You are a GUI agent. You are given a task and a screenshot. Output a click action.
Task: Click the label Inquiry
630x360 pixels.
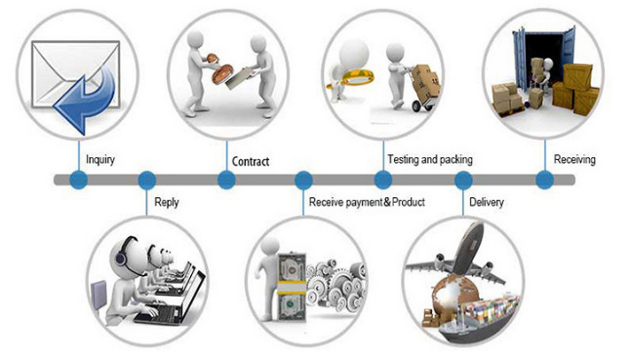[x=100, y=159]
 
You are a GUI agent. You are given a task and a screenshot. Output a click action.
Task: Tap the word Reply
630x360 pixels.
[x=167, y=202]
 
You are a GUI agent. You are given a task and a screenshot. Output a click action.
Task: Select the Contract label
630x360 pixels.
[x=251, y=162]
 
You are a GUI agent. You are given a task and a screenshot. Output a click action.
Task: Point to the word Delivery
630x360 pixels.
[x=487, y=202]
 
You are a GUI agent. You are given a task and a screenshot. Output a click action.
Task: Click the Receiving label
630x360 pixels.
[x=574, y=159]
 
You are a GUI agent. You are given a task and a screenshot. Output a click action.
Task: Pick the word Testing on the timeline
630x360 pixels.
[x=403, y=159]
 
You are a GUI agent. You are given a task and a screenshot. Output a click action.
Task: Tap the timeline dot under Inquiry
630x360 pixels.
[x=79, y=180]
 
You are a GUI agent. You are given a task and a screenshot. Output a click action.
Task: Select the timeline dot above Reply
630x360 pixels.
[x=147, y=180]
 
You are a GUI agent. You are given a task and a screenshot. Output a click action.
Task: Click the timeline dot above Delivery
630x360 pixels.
[x=463, y=180]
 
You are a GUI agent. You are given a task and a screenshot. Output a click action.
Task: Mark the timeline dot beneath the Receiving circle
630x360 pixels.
[x=545, y=180]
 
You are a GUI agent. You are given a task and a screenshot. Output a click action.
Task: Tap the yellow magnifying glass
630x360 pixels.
[x=352, y=77]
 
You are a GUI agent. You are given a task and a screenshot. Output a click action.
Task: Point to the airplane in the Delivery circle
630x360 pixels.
[x=458, y=253]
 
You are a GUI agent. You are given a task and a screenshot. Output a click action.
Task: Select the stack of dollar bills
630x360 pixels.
[x=293, y=287]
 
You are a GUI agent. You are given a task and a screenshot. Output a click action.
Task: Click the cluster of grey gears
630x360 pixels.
[x=336, y=285]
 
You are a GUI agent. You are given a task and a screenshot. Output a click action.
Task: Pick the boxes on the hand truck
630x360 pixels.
[x=427, y=82]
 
